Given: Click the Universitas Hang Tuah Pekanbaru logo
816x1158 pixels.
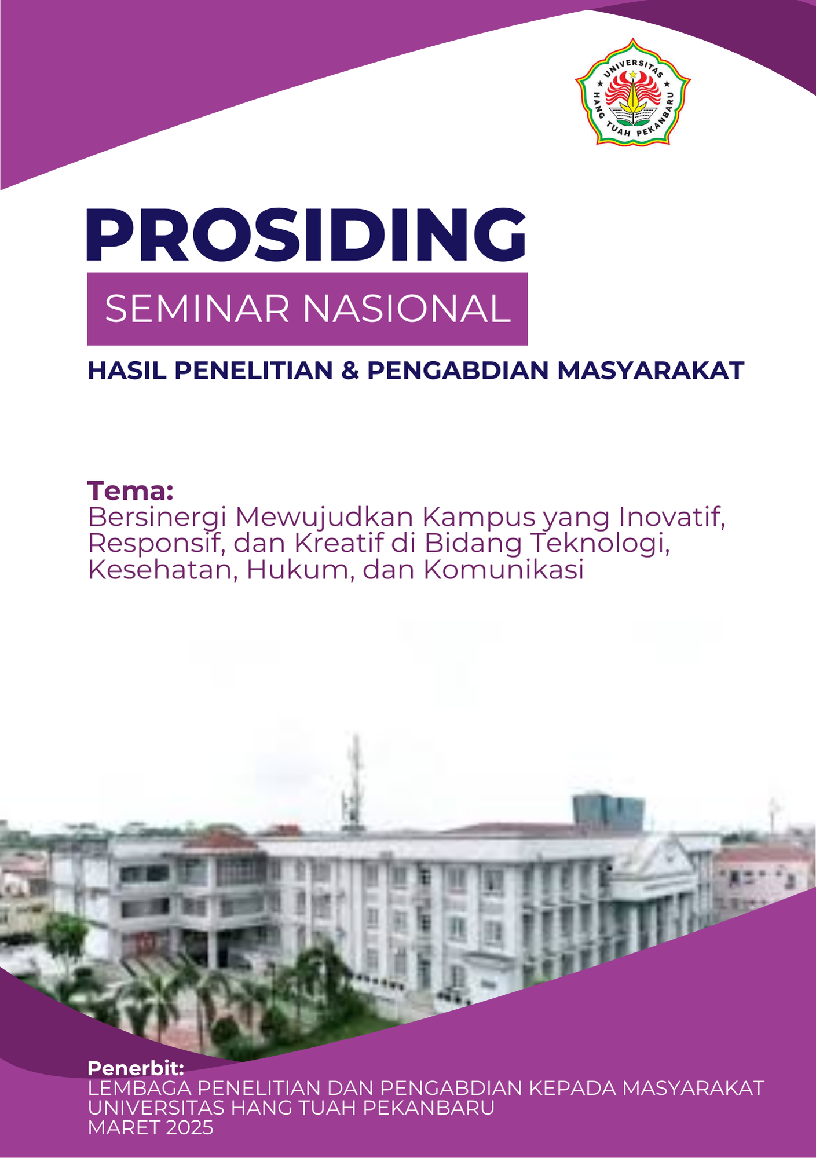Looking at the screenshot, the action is [632, 92].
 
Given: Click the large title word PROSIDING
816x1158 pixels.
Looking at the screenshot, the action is [306, 234].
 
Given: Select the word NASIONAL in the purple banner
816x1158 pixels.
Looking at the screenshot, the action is [407, 309].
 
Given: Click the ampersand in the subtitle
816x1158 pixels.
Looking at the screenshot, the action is [350, 371].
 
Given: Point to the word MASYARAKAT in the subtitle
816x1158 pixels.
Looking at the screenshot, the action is [650, 371].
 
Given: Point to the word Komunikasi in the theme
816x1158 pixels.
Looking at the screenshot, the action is [503, 570].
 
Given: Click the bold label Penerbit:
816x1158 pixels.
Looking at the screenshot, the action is [136, 1068].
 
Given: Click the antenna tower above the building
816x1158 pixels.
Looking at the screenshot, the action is [353, 781].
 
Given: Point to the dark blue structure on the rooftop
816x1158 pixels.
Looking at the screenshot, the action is [609, 813].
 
